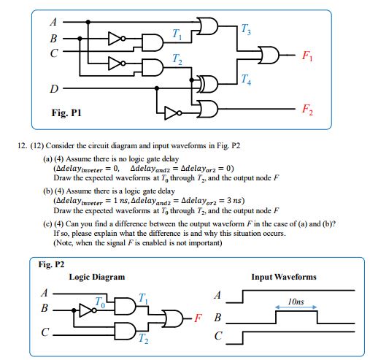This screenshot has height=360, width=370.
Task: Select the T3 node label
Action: [244, 29]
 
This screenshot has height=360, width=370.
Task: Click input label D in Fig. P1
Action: [53, 90]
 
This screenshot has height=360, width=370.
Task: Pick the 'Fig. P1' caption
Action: [66, 115]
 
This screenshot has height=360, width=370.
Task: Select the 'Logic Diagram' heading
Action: [96, 277]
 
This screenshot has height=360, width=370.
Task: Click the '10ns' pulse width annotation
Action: [296, 301]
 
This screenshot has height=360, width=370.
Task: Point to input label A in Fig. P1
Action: [53, 21]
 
